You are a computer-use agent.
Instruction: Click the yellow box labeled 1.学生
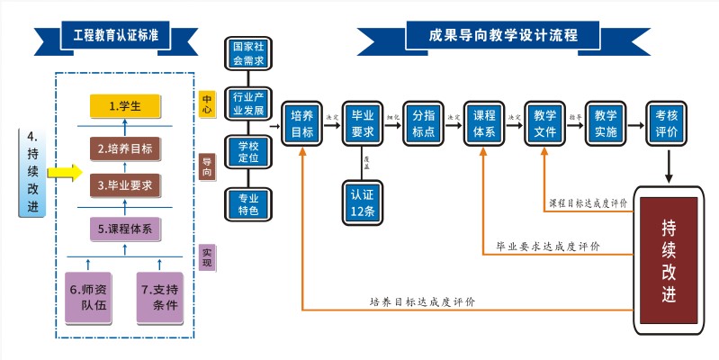pos(124,105)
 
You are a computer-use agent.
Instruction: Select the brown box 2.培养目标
pos(124,148)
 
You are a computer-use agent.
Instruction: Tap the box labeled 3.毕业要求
pos(124,185)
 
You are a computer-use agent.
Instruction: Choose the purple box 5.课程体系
pos(124,229)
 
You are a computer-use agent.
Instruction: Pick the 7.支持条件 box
pos(158,296)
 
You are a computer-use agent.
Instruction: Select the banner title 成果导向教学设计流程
pos(503,36)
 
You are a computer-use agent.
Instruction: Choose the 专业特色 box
pos(248,203)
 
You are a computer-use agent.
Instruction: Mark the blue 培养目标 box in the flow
pos(302,124)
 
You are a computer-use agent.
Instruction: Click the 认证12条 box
pos(363,203)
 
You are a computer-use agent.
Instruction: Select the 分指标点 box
pos(424,124)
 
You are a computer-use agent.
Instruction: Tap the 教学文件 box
pos(544,124)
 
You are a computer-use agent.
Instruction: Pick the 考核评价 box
pos(667,124)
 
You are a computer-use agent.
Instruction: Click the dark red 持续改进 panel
pos(668,259)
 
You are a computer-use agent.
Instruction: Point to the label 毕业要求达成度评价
pos(548,245)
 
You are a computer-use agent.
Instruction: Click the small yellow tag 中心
pos(207,105)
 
